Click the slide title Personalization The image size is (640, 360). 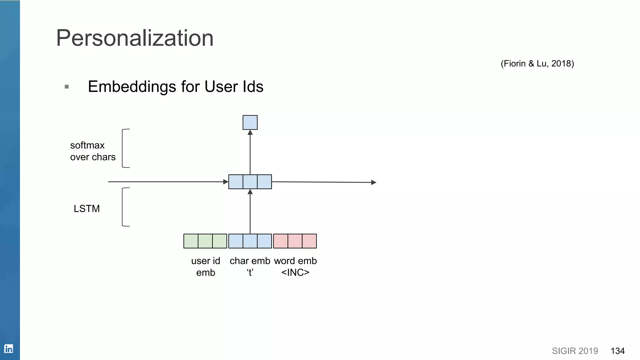point(135,38)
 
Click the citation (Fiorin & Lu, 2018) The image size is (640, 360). point(537,63)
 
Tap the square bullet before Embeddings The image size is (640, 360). point(67,87)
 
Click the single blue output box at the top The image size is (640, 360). point(250,122)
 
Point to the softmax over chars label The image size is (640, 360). point(92,151)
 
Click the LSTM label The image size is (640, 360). point(87,208)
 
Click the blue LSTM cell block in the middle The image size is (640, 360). point(250,182)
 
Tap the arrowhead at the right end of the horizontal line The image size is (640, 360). point(373,182)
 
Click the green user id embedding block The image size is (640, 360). point(205,241)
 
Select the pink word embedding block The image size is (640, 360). point(295,241)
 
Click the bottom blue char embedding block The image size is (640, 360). point(250,241)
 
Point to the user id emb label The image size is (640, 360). point(206,267)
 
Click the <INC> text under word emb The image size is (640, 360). point(295,272)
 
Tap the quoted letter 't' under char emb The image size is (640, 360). point(250,272)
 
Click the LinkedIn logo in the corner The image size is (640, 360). point(8,348)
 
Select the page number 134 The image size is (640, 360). point(617,351)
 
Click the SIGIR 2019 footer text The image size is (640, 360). point(575,351)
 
